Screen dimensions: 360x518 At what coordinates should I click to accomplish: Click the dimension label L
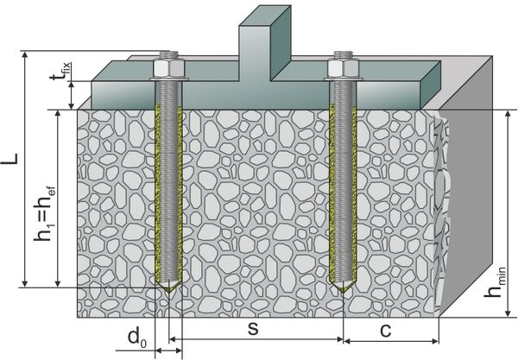[12, 162]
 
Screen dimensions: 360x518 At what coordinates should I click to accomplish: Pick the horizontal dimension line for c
[392, 340]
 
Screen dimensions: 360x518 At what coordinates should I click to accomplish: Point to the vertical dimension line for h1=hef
[57, 199]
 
